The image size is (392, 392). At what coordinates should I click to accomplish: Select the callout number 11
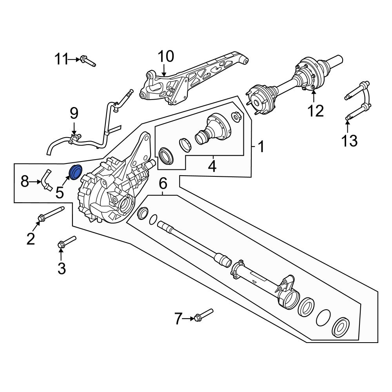[61, 59]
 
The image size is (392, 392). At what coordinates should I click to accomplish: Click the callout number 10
[165, 56]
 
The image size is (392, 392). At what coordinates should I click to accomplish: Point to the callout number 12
[315, 111]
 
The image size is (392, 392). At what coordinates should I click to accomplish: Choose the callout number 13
[348, 140]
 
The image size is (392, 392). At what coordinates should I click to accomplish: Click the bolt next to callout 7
[203, 315]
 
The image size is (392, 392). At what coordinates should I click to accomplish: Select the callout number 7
[178, 319]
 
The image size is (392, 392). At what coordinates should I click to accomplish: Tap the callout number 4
[212, 166]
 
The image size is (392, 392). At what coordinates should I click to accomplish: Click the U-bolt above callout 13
[358, 100]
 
